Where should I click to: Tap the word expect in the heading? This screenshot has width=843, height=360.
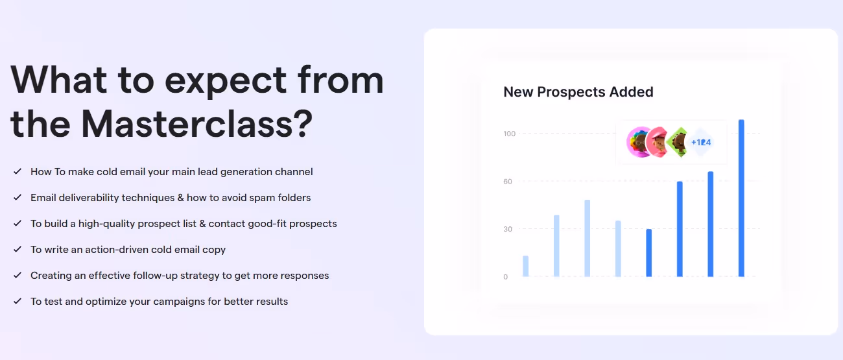tap(225, 80)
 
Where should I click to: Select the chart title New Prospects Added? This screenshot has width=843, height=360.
tap(578, 92)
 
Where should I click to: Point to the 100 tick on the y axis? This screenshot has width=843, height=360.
tap(509, 134)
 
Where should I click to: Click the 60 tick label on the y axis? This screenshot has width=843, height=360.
tap(508, 182)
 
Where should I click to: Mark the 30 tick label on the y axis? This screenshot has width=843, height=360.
tap(508, 230)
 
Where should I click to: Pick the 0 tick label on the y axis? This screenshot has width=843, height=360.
tap(506, 277)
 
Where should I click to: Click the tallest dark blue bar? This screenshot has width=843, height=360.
tap(741, 198)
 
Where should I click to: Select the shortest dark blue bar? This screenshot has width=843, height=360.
tap(648, 252)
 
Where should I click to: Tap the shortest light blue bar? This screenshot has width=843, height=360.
tap(525, 266)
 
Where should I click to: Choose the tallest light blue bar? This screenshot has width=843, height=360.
tap(587, 237)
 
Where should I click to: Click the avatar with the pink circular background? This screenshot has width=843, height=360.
tap(639, 142)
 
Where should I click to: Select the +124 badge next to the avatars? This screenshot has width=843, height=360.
tap(701, 142)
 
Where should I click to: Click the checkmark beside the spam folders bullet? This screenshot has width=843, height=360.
tap(17, 197)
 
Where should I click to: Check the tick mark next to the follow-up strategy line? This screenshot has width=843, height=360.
tap(17, 275)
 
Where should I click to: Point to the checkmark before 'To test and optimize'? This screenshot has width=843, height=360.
tap(17, 301)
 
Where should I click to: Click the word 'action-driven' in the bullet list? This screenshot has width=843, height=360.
tap(116, 250)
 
